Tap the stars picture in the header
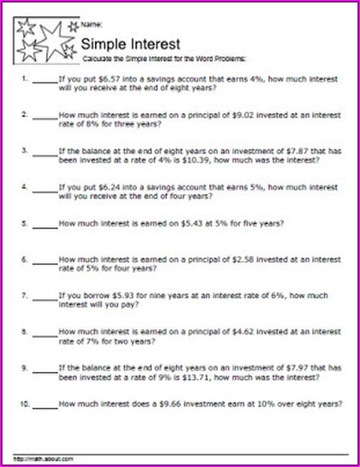[x=46, y=39]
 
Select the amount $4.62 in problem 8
[x=252, y=333]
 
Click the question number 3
[x=25, y=150]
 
